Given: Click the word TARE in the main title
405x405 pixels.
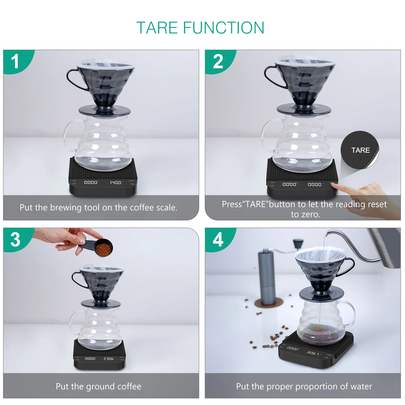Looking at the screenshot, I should pos(157,28).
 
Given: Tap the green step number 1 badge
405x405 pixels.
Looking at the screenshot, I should pos(15,61).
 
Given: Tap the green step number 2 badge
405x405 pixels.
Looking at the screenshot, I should pos(218,61).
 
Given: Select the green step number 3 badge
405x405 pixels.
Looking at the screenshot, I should pos(15,239).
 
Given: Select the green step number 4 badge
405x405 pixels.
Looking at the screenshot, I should pos(218,239).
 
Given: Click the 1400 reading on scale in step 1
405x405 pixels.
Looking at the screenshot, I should pos(116,182).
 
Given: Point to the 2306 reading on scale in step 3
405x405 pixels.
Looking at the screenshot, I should pos(109,359).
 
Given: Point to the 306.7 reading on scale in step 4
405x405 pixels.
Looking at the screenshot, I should pos(313,353).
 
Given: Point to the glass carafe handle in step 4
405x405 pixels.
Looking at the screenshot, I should pos(351,314).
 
